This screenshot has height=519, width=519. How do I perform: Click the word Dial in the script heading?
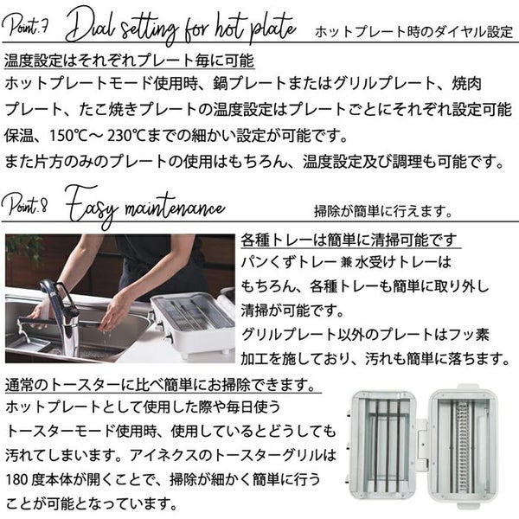coord(91,27)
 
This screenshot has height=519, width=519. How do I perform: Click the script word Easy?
coord(92,206)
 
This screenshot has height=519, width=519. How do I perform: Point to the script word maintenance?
coord(175,208)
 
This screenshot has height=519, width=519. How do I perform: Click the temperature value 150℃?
coord(67,136)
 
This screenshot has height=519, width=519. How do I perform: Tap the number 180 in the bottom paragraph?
coord(17,479)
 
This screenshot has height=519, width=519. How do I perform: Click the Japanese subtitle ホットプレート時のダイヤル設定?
coord(413,32)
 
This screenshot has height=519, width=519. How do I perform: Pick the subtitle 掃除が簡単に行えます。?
coord(383,211)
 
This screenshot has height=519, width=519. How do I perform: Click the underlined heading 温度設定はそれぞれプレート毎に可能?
coord(130,61)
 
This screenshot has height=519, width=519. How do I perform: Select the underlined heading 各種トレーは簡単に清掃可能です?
coord(349,240)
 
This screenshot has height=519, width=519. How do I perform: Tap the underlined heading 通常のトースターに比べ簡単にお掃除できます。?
coord(161,385)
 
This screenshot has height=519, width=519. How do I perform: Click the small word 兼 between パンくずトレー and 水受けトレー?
coord(346,263)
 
